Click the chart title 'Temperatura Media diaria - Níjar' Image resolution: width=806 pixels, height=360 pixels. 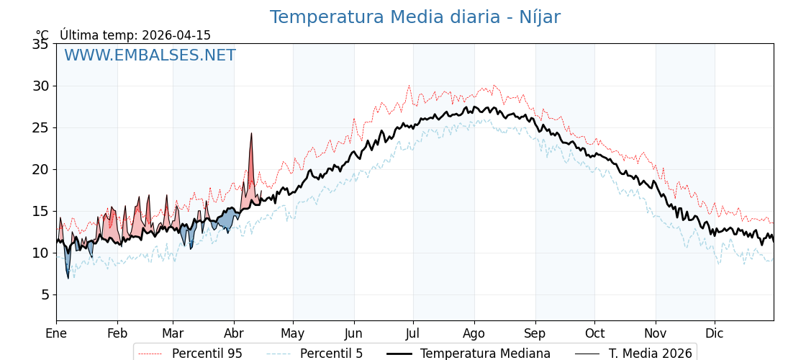click(x=415, y=17)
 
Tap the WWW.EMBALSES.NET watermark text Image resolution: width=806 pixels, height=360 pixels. click(x=150, y=55)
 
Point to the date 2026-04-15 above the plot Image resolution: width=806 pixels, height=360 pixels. click(x=176, y=35)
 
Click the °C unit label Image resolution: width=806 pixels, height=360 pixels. click(x=42, y=35)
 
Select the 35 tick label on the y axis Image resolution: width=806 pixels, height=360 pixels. click(x=40, y=44)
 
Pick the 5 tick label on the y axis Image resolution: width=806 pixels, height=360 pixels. click(x=45, y=294)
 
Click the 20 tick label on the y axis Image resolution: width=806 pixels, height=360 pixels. click(x=40, y=169)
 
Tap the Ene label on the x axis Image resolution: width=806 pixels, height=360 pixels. click(x=56, y=334)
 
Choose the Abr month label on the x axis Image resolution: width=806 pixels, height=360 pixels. click(x=234, y=334)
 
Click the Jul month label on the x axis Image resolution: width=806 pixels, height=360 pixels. click(x=413, y=334)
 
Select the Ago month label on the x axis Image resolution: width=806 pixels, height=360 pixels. click(x=474, y=334)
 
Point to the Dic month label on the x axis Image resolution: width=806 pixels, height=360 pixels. click(x=715, y=334)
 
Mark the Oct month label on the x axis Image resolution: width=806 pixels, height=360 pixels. click(x=594, y=334)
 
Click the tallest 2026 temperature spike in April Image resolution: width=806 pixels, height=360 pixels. click(x=251, y=134)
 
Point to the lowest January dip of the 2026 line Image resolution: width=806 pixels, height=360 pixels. click(x=68, y=278)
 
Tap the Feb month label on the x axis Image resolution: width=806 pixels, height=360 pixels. click(x=117, y=334)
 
